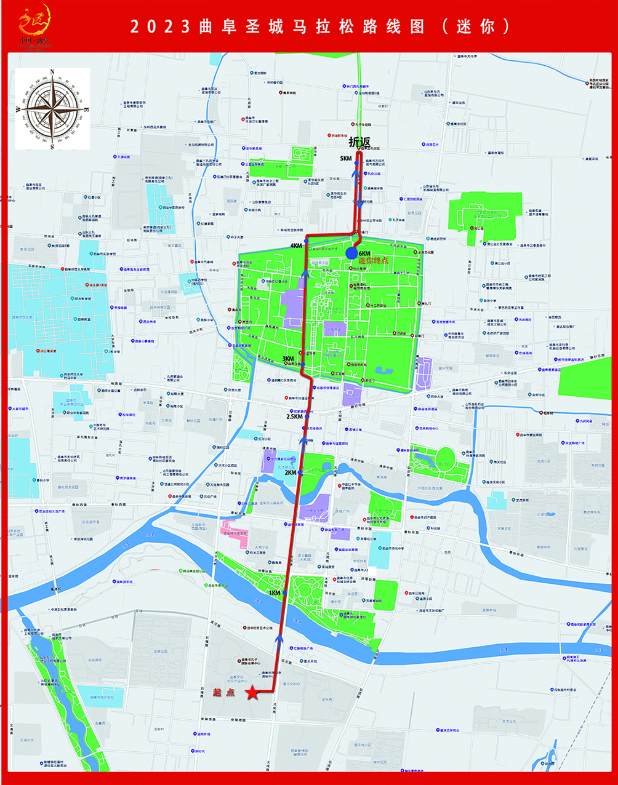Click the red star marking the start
(x=252, y=693)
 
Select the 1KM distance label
(x=275, y=593)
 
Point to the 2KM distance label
(x=290, y=472)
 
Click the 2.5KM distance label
(x=295, y=416)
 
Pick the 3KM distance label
(x=288, y=359)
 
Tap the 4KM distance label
(x=297, y=245)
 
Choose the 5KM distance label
(x=345, y=158)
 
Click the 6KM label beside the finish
(x=364, y=253)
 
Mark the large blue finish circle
(x=351, y=252)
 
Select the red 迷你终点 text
(x=374, y=261)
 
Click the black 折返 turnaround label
(x=359, y=143)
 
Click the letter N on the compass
(x=52, y=72)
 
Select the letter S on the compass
(x=52, y=146)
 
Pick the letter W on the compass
(x=18, y=110)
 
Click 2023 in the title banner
(x=159, y=26)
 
